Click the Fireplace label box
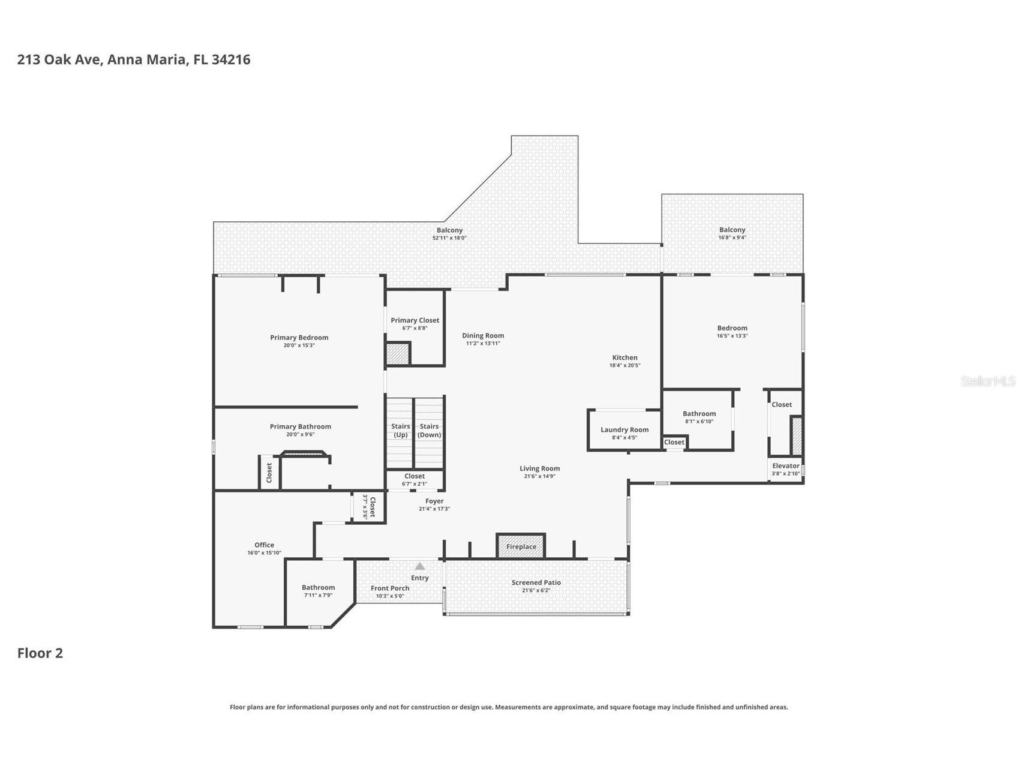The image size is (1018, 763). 521,546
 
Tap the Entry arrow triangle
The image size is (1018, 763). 420,566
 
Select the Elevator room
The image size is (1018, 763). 785,469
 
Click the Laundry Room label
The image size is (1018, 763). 624,429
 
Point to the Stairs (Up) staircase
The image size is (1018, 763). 400,432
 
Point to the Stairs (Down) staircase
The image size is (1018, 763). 430,432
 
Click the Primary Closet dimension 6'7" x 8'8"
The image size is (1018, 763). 415,329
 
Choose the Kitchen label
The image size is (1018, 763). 624,358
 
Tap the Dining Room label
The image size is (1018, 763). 483,336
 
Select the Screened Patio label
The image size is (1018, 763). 536,582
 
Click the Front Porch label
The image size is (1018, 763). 390,588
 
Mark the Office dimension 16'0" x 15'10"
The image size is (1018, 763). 264,553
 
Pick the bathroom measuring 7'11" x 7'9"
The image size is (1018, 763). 318,591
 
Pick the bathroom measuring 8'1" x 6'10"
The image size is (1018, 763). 699,417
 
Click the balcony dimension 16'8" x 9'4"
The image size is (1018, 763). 732,238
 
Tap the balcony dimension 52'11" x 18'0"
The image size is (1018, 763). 449,238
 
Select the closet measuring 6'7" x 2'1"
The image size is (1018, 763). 415,480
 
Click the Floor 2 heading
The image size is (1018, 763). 40,653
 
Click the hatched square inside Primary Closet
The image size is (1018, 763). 397,353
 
